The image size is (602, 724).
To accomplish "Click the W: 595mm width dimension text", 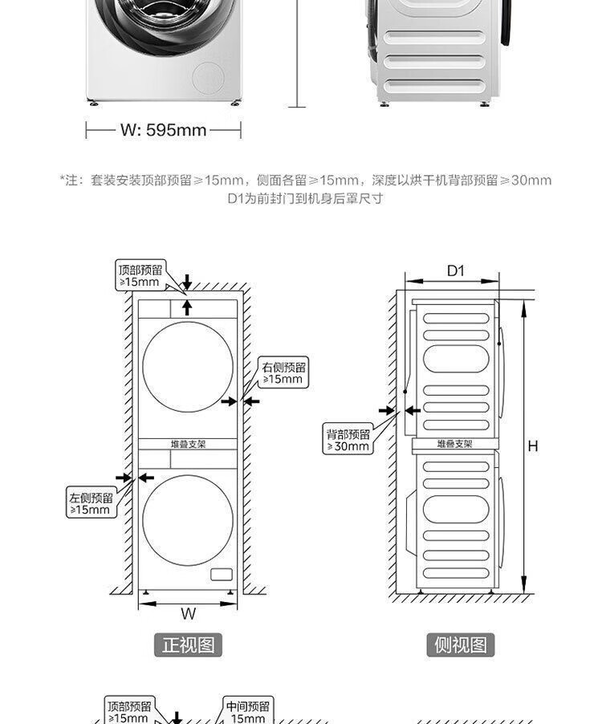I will coord(164,130).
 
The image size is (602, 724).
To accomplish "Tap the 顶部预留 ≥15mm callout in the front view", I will coord(140,275).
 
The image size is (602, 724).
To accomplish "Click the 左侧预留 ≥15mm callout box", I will coord(91,503).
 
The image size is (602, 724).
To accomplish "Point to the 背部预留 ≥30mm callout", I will coord(348,440).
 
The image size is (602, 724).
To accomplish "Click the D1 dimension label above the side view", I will coord(455,270).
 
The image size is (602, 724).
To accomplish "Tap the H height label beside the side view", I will coord(533,446).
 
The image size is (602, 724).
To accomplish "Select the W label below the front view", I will coord(188,614).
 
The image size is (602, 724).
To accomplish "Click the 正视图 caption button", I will coord(188,645).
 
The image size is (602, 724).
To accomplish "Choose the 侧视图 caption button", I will coord(460,645).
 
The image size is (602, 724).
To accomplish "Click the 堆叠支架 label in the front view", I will coord(188,444).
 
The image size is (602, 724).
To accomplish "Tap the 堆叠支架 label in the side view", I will coord(455,444).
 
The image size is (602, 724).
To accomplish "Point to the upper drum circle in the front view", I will coord(188,367).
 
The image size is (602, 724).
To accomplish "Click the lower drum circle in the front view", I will coord(188,520).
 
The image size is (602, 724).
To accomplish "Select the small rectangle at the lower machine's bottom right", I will coord(220,575).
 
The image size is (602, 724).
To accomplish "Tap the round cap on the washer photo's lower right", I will coord(208,78).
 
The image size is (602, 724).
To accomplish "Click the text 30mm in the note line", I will coord(531,181).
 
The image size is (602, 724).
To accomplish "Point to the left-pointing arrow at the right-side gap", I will coord(252,401).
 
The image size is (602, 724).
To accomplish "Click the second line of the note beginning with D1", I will coord(305,198).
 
